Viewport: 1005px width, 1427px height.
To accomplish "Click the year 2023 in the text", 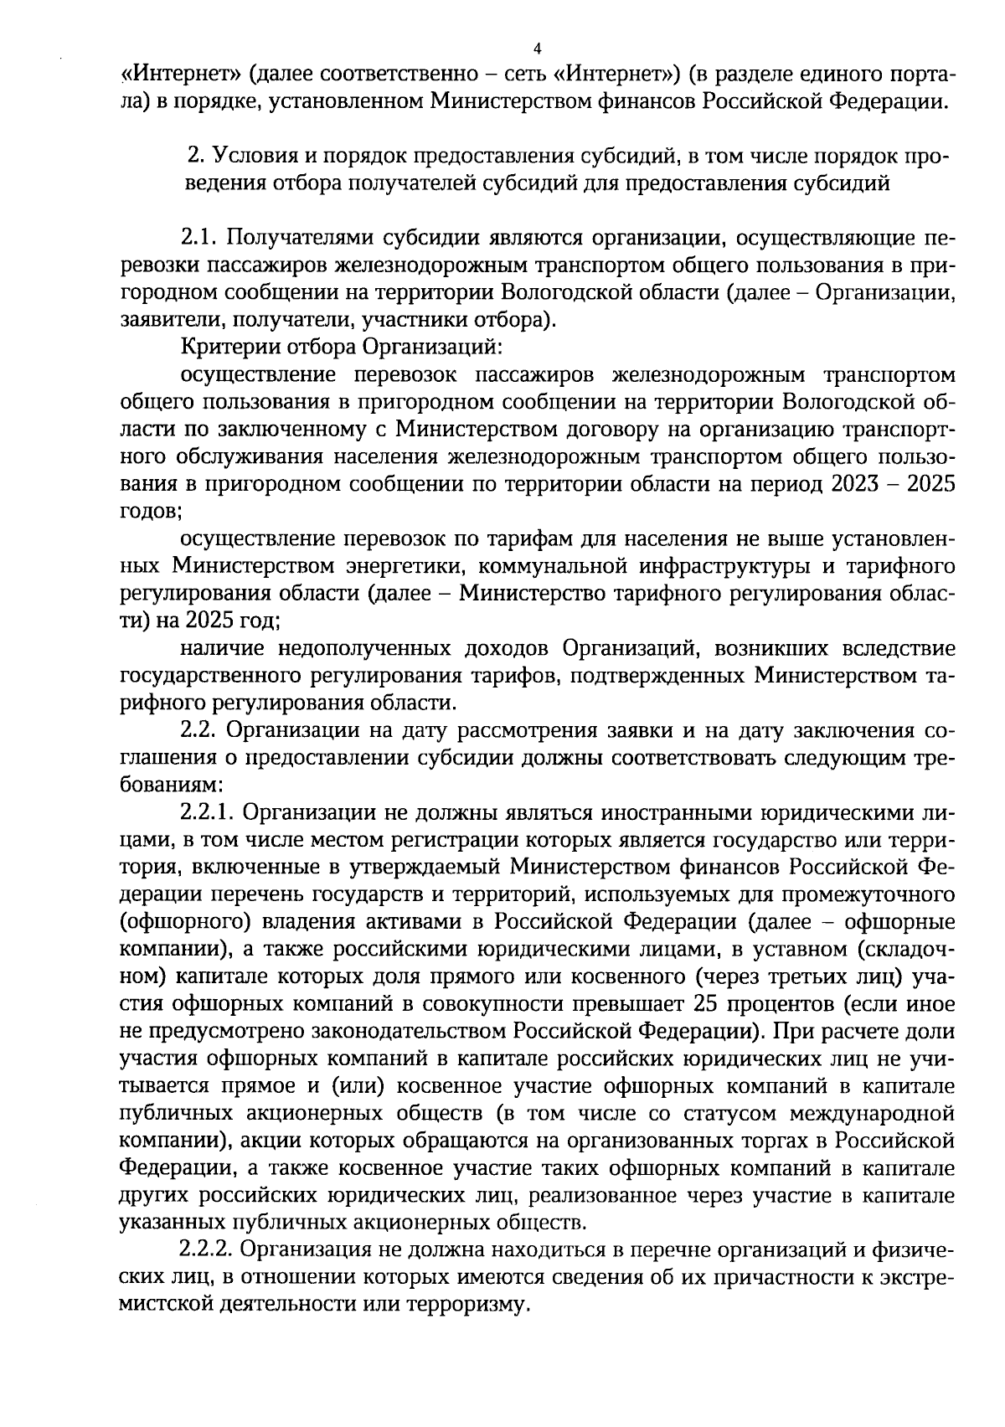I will (x=861, y=485).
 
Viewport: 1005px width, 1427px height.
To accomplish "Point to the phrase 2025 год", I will (x=227, y=621).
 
